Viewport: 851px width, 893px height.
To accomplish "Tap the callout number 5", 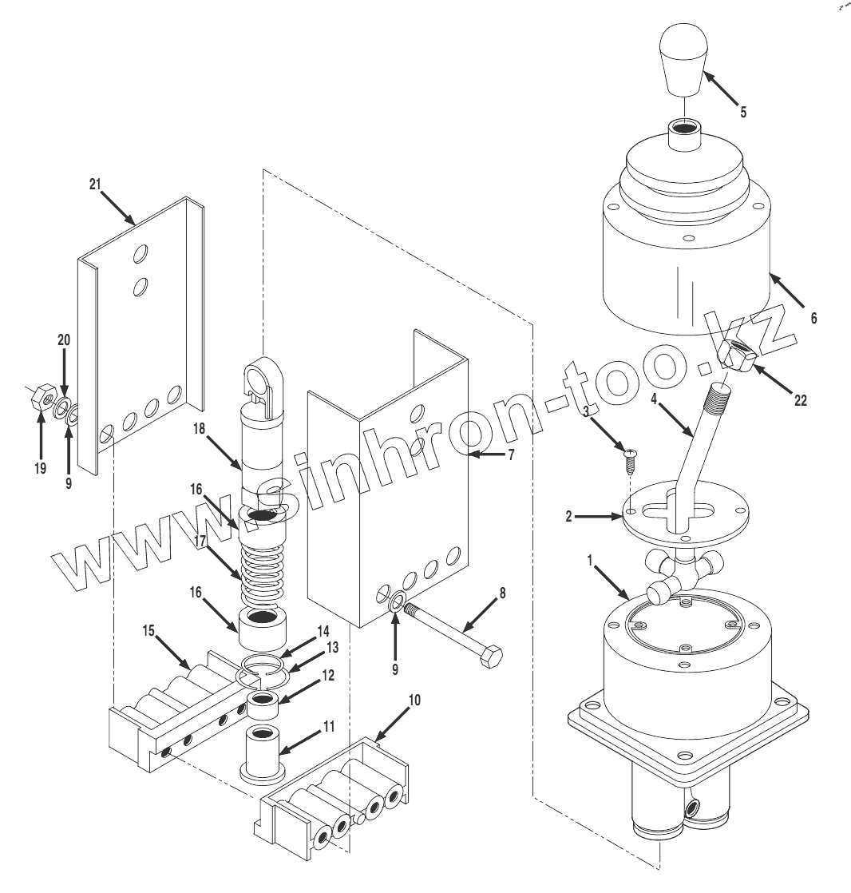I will (743, 112).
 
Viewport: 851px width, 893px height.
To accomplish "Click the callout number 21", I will (96, 185).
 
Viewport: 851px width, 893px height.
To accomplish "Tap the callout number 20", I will (64, 339).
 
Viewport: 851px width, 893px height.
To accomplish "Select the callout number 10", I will (414, 701).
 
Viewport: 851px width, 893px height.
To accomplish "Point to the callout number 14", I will (322, 629).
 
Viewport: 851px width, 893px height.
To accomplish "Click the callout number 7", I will (511, 454).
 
